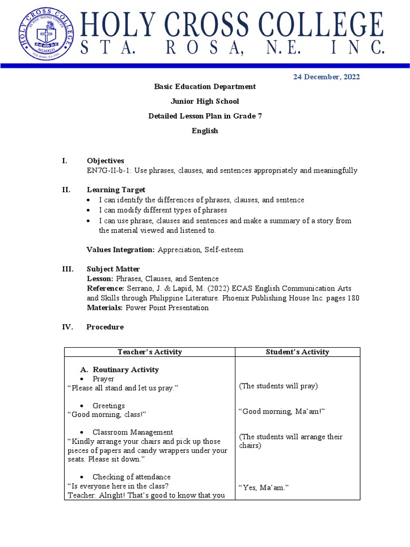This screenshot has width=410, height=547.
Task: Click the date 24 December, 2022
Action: (326, 77)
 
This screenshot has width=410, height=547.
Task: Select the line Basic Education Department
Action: (204, 87)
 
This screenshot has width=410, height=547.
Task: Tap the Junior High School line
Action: (204, 101)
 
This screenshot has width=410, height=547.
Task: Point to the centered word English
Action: (204, 131)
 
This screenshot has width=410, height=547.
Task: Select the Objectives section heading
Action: (105, 161)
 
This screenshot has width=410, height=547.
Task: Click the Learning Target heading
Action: (116, 190)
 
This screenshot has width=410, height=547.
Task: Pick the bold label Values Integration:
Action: (121, 249)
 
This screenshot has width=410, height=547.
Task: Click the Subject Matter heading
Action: (113, 269)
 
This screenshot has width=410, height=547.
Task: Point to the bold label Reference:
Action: (105, 288)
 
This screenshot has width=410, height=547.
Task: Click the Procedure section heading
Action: (105, 327)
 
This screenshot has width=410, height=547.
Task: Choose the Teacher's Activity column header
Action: (149, 352)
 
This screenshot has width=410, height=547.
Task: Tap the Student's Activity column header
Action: (297, 352)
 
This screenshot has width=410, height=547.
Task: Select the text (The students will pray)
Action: (278, 386)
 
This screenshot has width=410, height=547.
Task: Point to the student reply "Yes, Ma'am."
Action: (263, 487)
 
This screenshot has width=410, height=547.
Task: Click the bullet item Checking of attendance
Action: (131, 477)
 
